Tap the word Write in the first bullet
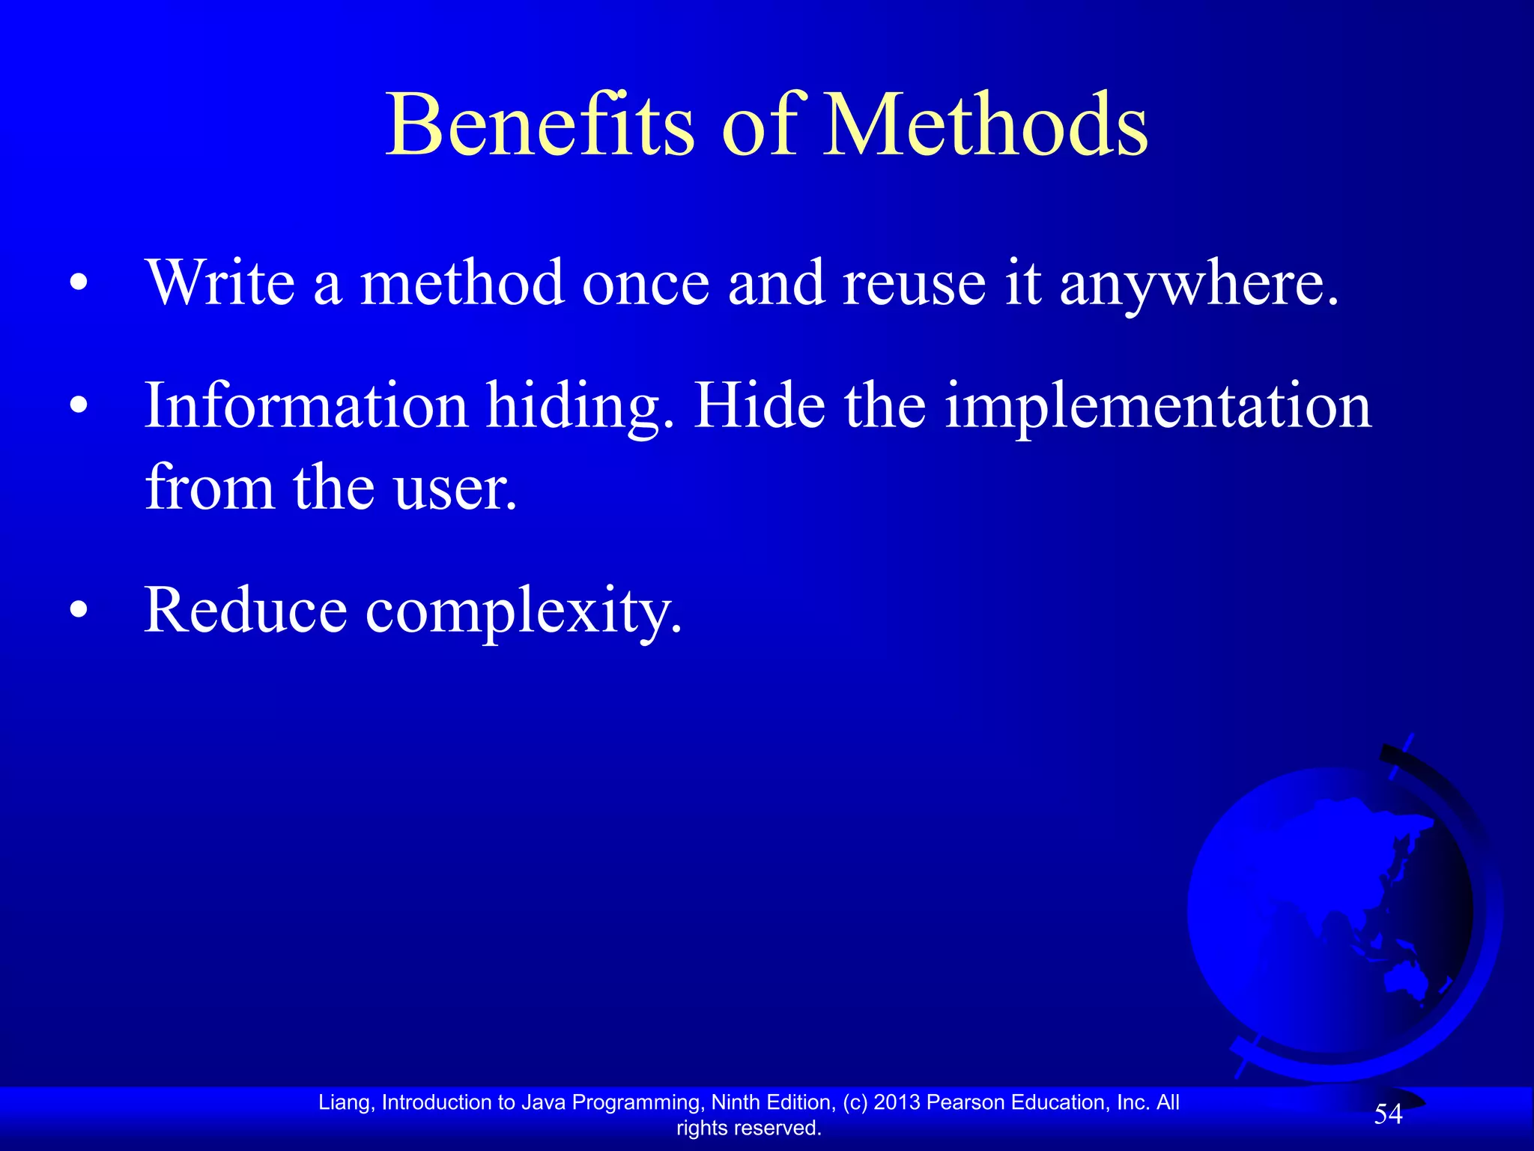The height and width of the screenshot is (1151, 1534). [x=220, y=283]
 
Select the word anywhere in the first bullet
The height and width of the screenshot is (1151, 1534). [x=1198, y=285]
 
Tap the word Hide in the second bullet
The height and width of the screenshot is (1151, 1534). [x=760, y=405]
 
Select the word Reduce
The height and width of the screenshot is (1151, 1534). [x=245, y=610]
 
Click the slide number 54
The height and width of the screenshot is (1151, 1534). [x=1388, y=1114]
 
